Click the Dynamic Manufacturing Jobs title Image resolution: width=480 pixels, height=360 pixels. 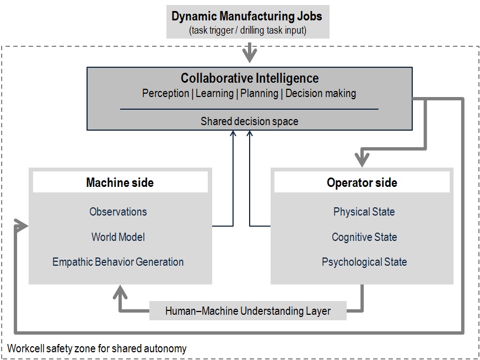247,16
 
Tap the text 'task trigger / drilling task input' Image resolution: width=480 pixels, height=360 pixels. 248,30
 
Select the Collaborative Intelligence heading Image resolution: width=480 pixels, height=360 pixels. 250,78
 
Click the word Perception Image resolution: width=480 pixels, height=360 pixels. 166,93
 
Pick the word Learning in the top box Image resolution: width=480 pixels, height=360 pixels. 214,93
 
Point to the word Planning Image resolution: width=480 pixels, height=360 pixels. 259,93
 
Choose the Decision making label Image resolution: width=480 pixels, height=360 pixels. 321,93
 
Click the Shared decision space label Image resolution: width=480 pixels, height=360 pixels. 250,121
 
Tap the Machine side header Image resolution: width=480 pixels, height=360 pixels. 120,182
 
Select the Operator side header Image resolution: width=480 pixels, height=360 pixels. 362,182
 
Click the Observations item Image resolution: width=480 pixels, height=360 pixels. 118,212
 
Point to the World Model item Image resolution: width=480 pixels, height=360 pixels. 118,237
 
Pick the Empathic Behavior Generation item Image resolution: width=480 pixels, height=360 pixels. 118,262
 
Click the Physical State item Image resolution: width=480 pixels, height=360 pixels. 364,212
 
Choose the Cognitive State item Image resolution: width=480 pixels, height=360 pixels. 364,237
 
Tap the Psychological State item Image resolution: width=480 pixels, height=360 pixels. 364,262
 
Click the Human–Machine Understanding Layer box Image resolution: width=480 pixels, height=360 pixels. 248,311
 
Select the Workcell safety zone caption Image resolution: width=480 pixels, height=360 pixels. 97,348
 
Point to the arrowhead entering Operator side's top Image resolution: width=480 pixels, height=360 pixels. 362,160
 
